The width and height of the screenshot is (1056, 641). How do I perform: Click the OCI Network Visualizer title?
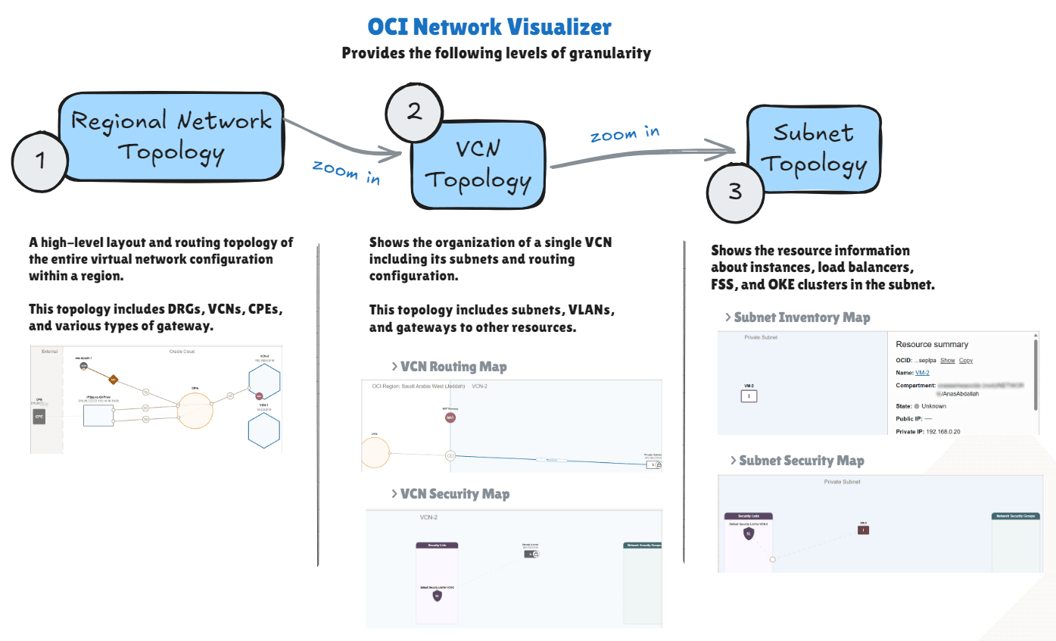coord(489,27)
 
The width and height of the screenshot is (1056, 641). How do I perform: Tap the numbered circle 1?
coord(40,161)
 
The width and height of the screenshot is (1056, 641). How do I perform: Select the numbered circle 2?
coord(414,112)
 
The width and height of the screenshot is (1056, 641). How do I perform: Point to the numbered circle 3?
coord(735,192)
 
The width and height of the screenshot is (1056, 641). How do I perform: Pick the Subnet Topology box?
coord(814,148)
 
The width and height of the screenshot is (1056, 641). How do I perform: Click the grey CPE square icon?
coord(39,416)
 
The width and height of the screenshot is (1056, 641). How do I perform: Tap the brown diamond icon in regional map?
coord(113,380)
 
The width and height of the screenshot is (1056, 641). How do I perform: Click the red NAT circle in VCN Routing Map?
coord(450,417)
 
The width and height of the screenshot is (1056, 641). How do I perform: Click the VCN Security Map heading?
coord(454,494)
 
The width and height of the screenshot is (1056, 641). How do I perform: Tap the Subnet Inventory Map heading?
coord(802,317)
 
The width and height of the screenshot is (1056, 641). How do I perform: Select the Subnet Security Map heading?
coord(801,461)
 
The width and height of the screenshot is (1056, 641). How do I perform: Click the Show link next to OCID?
coord(947,361)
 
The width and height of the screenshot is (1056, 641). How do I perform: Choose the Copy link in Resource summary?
coord(966,361)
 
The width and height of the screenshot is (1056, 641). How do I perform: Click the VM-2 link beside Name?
coord(924,373)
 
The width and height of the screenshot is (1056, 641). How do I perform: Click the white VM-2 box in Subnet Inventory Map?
coord(748,396)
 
